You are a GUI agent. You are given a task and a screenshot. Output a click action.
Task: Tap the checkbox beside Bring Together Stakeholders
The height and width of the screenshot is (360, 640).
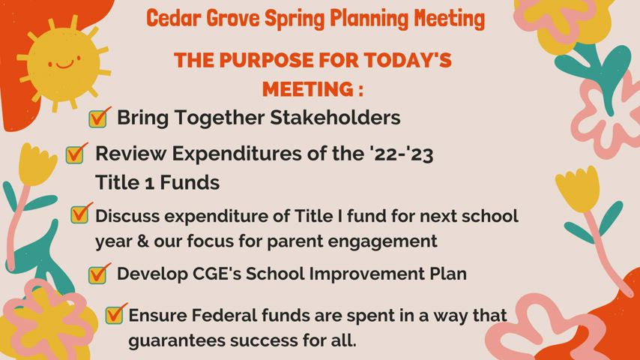click(x=98, y=118)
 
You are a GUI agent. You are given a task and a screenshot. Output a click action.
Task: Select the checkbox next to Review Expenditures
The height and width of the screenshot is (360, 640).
click(x=75, y=154)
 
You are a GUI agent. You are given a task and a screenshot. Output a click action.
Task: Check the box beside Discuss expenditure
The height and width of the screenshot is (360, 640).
click(x=80, y=214)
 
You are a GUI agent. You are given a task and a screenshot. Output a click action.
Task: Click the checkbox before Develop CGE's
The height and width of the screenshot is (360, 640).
click(x=98, y=274)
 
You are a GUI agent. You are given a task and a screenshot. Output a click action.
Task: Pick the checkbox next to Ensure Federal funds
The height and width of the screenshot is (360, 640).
click(x=115, y=314)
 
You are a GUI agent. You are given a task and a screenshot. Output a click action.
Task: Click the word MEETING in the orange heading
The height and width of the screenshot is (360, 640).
click(x=304, y=89)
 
